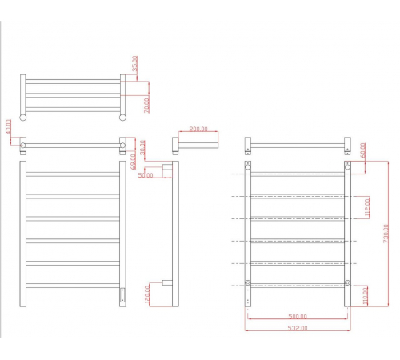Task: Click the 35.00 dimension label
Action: coord(135,63)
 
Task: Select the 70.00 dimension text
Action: coord(147,106)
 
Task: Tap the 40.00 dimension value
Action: coord(9,127)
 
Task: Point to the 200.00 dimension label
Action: coord(198,129)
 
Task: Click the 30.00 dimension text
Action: coord(142,147)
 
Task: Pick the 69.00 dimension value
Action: coord(134,162)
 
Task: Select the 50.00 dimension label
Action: coord(146,175)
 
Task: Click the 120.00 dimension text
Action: coord(147,294)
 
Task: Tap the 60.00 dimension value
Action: coord(363,150)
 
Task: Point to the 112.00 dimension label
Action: coord(367,208)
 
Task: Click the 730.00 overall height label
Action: coord(386,234)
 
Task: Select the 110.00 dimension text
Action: coord(365,296)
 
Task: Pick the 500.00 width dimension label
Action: coord(298,317)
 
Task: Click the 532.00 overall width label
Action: coord(298,328)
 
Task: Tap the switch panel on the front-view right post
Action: coord(122,295)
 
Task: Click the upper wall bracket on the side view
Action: coord(167,168)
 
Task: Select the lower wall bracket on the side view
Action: coord(167,282)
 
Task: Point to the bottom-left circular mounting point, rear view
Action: coord(248,282)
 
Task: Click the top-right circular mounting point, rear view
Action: coord(347,167)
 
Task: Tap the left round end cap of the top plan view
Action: coord(23,118)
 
